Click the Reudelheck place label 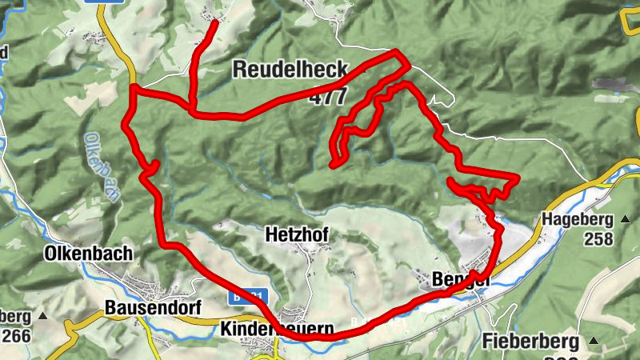(290, 70)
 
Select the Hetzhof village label (296, 234)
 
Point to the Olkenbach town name (89, 254)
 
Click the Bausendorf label (153, 308)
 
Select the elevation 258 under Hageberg (598, 238)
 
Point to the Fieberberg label (530, 342)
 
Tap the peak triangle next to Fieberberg (593, 341)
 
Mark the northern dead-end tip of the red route (216, 22)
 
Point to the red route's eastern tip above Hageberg (518, 176)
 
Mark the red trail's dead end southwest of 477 (331, 166)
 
